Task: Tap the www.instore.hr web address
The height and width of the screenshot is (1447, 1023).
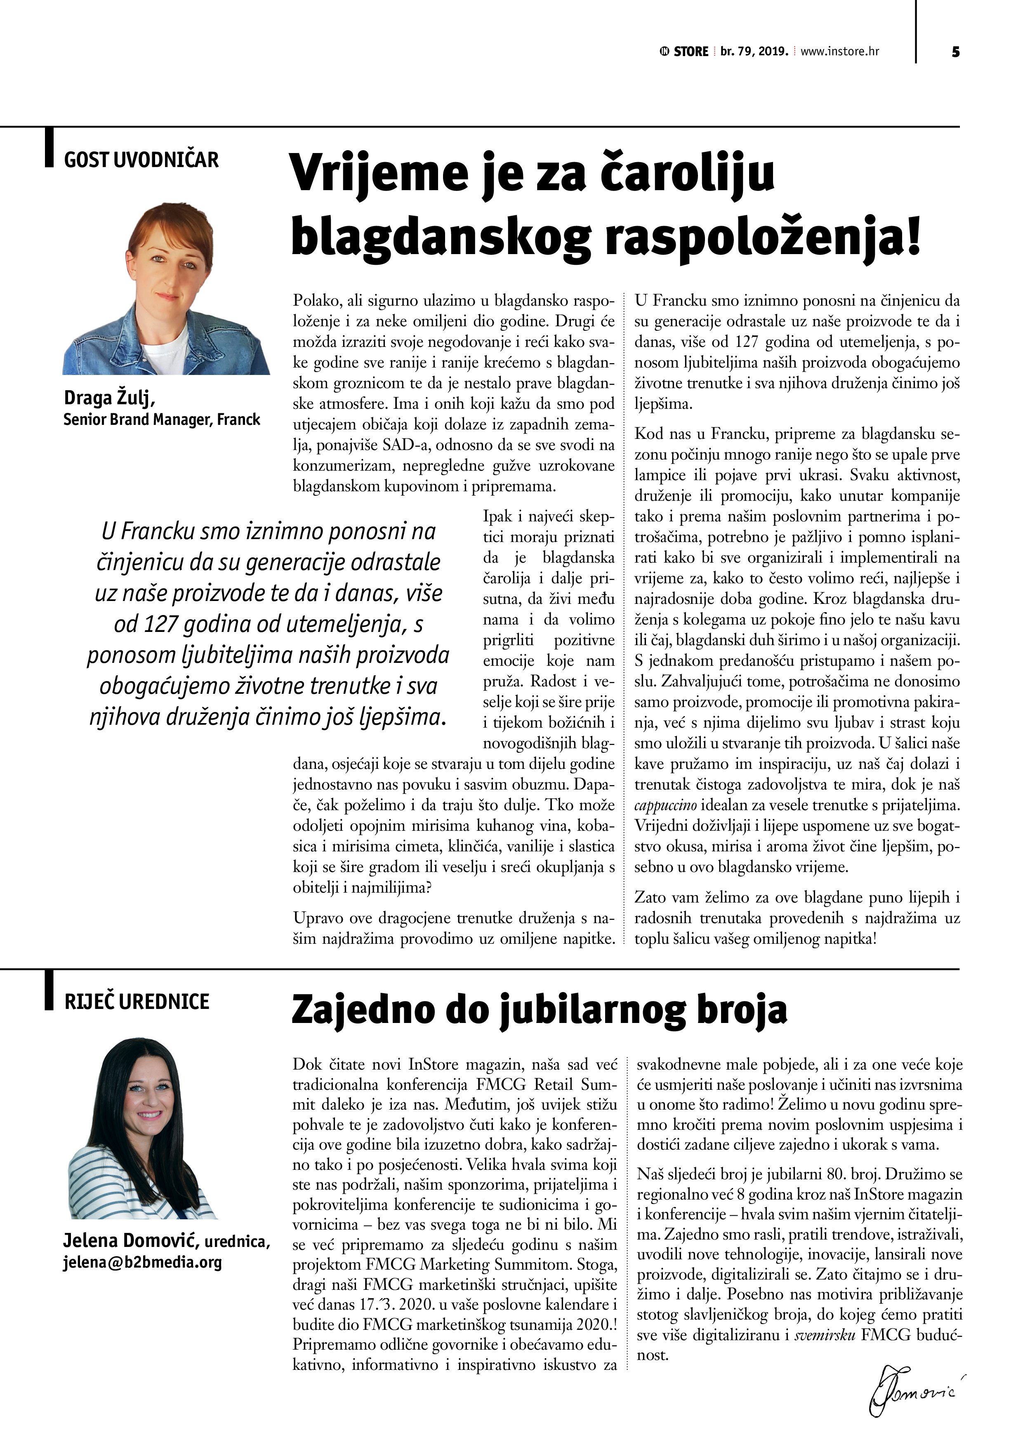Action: pos(839,52)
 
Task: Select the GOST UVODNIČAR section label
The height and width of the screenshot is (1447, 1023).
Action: pos(141,160)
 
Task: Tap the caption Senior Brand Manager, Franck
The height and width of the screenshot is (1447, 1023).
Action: pos(161,420)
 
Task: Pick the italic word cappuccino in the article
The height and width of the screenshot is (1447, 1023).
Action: pos(665,806)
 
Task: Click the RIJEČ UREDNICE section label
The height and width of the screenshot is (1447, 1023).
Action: pos(136,1002)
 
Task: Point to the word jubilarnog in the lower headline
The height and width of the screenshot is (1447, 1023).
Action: pos(592,1010)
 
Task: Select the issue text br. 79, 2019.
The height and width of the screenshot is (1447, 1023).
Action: pos(754,52)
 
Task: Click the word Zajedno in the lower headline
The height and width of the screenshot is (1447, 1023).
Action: pos(363,1010)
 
